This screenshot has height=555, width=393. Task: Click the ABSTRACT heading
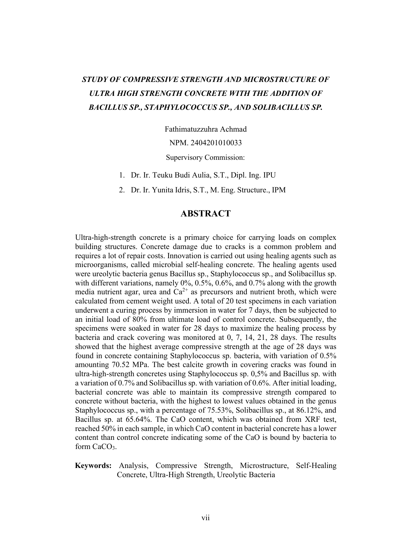point(206,214)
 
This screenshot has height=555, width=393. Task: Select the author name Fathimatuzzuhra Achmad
point(206,129)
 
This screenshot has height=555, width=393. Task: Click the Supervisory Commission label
point(206,158)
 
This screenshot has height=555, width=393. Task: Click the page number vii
point(206,518)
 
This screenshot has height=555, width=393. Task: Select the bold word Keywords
point(93,466)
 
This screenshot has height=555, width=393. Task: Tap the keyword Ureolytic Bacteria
point(246,475)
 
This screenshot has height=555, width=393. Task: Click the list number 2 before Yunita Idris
point(121,190)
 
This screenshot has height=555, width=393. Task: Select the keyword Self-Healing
point(316,466)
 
